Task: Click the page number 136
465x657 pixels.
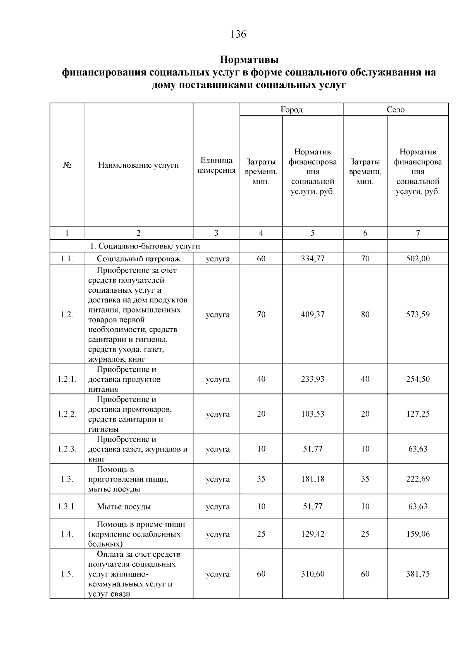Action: point(238,34)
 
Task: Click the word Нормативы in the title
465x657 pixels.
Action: point(249,60)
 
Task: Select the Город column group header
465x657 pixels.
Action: point(291,110)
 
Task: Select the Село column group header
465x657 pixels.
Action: point(396,110)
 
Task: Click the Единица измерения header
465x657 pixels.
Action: point(216,165)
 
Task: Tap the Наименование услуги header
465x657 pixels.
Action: point(138,165)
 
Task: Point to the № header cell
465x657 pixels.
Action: point(67,165)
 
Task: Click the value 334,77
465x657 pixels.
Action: point(312,259)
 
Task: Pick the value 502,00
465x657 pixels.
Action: point(418,259)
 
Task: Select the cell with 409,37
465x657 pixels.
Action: point(312,314)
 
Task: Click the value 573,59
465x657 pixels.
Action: point(418,314)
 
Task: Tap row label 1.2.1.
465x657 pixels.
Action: point(67,379)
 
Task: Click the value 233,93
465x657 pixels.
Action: point(312,379)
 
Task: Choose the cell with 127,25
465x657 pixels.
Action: point(418,414)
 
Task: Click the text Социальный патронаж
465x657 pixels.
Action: point(139,259)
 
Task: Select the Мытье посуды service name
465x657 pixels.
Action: point(124,506)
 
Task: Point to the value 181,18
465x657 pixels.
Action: point(312,479)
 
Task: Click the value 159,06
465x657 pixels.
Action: point(418,534)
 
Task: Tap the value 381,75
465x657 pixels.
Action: point(418,574)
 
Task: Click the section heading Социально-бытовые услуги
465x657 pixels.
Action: point(145,246)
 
